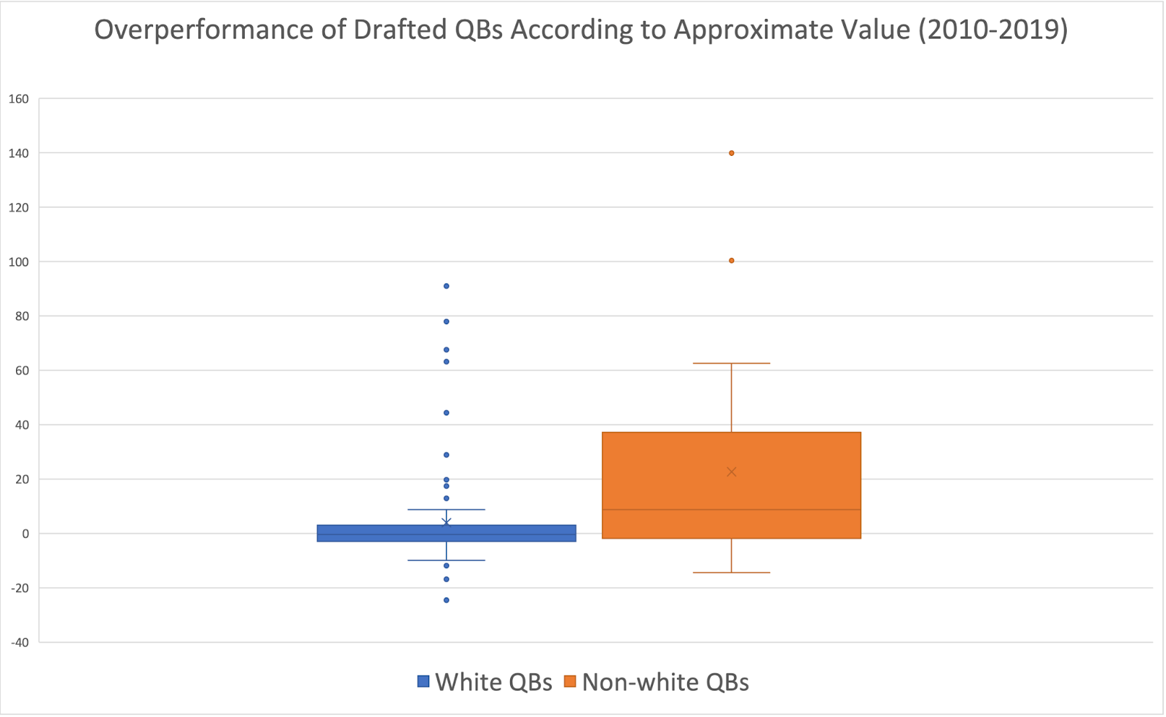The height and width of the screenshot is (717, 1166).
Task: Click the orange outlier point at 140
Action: click(x=732, y=153)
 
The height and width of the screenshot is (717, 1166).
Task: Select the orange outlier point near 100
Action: click(x=732, y=260)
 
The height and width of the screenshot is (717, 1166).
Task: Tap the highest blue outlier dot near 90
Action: click(x=446, y=286)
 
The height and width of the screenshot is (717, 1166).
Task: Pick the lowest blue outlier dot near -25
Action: click(x=446, y=600)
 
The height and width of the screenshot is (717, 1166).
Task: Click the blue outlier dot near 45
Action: click(x=446, y=412)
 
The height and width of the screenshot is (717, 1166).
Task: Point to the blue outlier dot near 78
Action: click(x=446, y=321)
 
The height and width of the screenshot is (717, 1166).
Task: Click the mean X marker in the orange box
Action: click(x=732, y=471)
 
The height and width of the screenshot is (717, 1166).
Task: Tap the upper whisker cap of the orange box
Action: click(x=732, y=363)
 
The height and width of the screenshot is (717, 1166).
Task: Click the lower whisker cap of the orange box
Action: click(x=732, y=573)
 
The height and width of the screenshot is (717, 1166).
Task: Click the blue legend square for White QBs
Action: click(x=423, y=682)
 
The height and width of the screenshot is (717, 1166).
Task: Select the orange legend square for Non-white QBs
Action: click(x=570, y=682)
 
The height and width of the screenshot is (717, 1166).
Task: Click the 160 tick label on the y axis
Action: click(x=19, y=99)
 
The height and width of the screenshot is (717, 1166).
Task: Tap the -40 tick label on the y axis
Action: click(x=20, y=643)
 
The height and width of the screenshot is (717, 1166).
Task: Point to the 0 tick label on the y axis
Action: click(x=26, y=534)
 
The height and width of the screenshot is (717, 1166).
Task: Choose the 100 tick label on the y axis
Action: click(x=19, y=262)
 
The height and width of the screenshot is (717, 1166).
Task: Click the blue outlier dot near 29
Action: click(x=446, y=455)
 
